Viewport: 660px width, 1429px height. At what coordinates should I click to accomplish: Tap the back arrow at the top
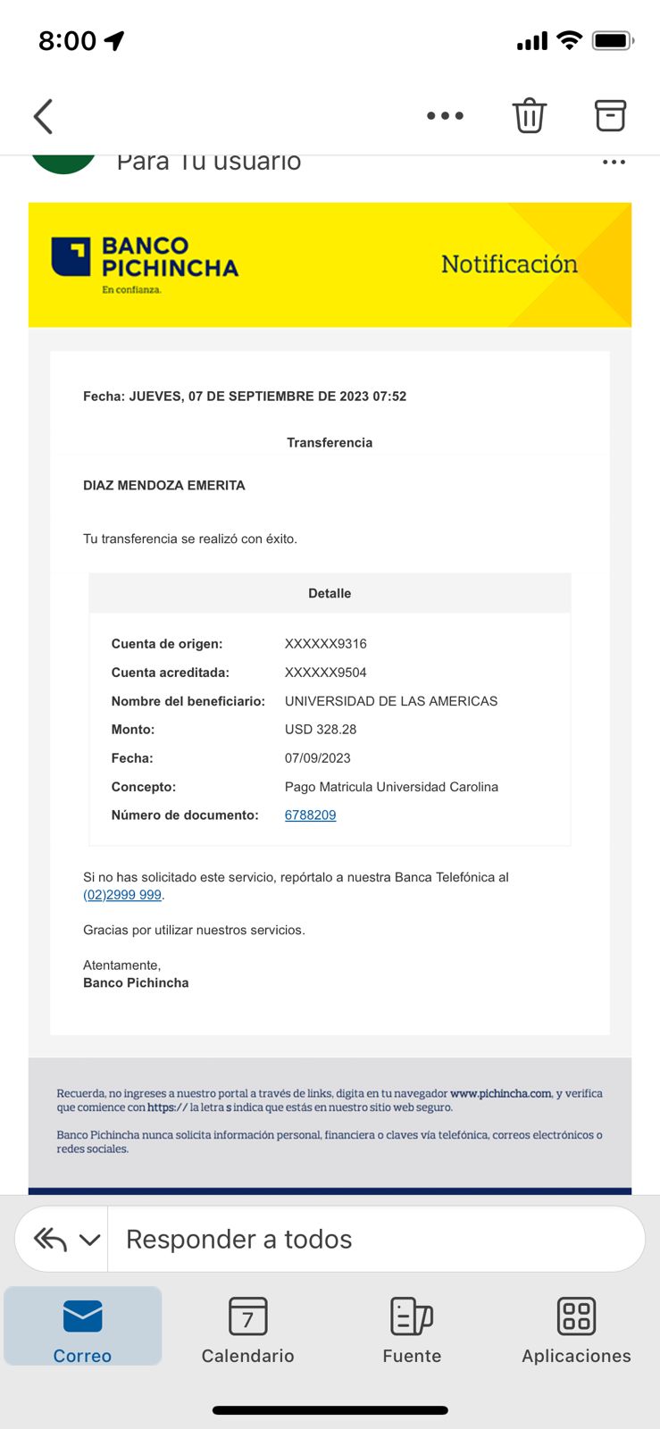(x=44, y=116)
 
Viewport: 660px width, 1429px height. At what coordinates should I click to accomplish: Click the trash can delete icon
(x=529, y=115)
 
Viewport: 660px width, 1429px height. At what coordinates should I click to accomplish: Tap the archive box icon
(x=610, y=115)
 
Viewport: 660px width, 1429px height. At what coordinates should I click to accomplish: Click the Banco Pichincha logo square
(x=71, y=257)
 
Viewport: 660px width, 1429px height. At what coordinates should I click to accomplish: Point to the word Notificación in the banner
(x=509, y=264)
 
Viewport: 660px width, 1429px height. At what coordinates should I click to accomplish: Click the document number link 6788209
(x=310, y=815)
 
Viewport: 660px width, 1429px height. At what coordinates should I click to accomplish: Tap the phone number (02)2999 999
(x=122, y=895)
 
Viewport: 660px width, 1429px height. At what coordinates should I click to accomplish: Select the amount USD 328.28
(x=321, y=729)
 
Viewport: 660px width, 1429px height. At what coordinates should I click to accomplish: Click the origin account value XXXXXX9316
(x=325, y=643)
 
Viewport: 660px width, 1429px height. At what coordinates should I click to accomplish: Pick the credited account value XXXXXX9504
(x=325, y=672)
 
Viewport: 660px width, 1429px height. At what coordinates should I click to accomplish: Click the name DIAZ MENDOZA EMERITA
(x=163, y=485)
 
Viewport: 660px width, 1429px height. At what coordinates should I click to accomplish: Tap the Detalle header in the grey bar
(x=330, y=593)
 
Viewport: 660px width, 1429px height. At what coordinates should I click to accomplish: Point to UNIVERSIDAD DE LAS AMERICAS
(x=390, y=700)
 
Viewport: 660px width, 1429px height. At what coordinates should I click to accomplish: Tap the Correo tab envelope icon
(x=82, y=1316)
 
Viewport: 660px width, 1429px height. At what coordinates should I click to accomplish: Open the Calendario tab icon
(x=247, y=1316)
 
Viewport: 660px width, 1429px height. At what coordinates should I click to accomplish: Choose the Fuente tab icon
(x=412, y=1316)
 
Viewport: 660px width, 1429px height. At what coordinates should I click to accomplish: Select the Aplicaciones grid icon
(x=576, y=1316)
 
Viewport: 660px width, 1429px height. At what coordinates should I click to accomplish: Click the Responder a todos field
(x=375, y=1239)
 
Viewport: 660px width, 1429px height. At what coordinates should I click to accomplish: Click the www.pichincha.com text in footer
(x=501, y=1093)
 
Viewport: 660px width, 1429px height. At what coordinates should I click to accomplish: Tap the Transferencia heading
(x=330, y=442)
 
